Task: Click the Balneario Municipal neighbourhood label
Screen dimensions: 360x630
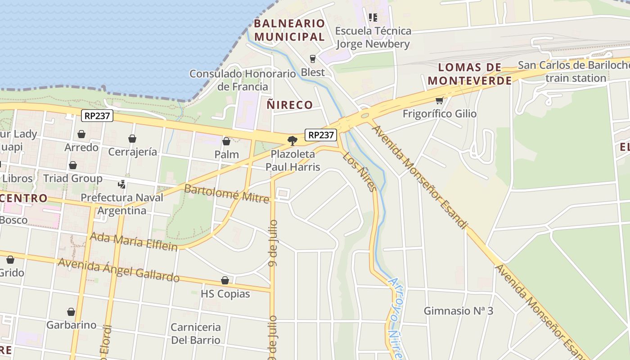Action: tap(289, 30)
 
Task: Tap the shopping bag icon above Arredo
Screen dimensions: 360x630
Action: tap(81, 134)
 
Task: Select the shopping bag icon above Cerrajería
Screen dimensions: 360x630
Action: tap(132, 139)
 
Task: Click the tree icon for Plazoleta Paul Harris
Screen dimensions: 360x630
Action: tap(292, 140)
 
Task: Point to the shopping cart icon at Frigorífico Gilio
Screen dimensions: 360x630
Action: tap(439, 100)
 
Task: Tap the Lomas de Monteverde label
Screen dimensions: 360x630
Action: tap(470, 74)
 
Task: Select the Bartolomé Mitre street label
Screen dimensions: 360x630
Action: tap(226, 193)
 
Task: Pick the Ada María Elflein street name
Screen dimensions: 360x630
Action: tap(134, 240)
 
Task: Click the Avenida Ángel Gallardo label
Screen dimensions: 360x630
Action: tap(119, 270)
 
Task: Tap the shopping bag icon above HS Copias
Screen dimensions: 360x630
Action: tap(225, 281)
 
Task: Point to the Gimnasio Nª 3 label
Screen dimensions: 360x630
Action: tap(459, 310)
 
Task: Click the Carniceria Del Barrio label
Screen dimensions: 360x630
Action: tap(196, 333)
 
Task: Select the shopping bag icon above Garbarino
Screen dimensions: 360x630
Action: tap(71, 312)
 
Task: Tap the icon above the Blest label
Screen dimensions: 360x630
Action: tap(313, 58)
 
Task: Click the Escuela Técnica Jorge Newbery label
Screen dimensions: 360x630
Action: tap(373, 37)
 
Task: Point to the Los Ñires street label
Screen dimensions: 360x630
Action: tap(359, 171)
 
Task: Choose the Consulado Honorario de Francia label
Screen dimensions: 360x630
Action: tap(243, 80)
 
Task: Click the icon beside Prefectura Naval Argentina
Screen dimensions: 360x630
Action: tap(121, 184)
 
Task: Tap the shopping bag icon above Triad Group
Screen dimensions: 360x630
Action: tap(73, 165)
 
